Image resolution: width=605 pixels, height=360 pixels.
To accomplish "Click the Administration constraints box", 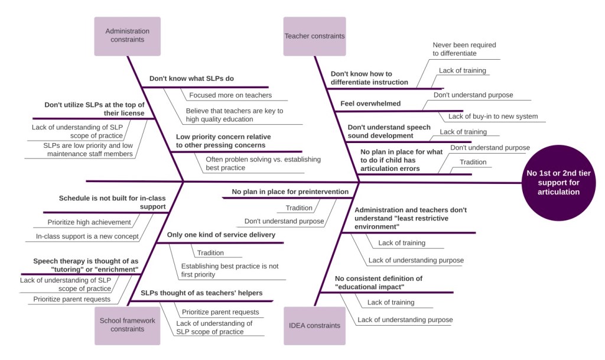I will pyautogui.click(x=127, y=35).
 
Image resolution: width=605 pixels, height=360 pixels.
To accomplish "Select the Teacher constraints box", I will pyautogui.click(x=314, y=36).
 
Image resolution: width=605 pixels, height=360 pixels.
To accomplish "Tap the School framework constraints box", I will pyautogui.click(x=127, y=325).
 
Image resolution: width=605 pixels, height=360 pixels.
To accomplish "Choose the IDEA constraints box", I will pyautogui.click(x=314, y=325).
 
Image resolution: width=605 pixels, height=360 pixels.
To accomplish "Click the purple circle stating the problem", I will pyautogui.click(x=554, y=183).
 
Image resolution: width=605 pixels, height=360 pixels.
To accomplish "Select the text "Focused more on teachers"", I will pyautogui.click(x=230, y=95).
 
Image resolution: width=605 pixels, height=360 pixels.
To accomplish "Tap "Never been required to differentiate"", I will pyautogui.click(x=464, y=49).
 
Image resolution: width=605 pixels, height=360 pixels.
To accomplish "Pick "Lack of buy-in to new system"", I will pyautogui.click(x=493, y=116).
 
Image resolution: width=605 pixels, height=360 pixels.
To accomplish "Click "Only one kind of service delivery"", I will pyautogui.click(x=221, y=235).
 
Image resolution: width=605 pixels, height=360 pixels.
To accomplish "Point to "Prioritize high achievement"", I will pyautogui.click(x=89, y=222).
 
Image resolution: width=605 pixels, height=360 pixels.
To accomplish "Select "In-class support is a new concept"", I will pyautogui.click(x=87, y=236).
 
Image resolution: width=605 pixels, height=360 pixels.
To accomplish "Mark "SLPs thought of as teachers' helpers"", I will pyautogui.click(x=201, y=293).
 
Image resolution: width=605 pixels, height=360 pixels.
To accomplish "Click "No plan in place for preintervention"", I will pyautogui.click(x=290, y=192).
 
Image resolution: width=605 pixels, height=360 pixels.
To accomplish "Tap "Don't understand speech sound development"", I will pyautogui.click(x=389, y=131).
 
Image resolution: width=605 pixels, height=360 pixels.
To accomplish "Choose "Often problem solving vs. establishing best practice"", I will pyautogui.click(x=263, y=163).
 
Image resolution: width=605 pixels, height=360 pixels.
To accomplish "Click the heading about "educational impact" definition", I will pyautogui.click(x=378, y=283).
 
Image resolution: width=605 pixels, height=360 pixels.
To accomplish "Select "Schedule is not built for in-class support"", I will pyautogui.click(x=112, y=203).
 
